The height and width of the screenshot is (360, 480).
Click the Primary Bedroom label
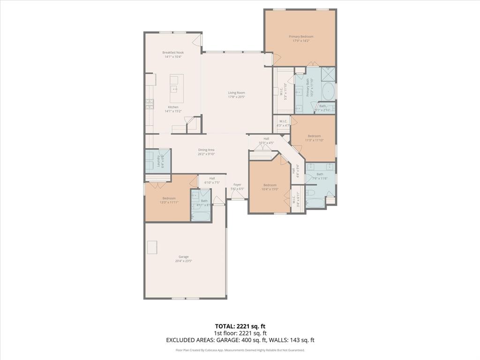pyautogui.click(x=300, y=37)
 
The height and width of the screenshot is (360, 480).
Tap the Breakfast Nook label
pyautogui.click(x=172, y=52)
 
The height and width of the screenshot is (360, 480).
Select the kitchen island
pyautogui.click(x=176, y=90)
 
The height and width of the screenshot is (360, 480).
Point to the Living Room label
pyautogui.click(x=236, y=93)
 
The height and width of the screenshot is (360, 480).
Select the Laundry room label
pyautogui.click(x=158, y=161)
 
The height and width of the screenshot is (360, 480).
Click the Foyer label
pyautogui.click(x=237, y=185)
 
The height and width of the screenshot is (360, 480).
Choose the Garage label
pyautogui.click(x=183, y=257)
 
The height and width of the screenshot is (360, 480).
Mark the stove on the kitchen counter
pyautogui.click(x=150, y=103)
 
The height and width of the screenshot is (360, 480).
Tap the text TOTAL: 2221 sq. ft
pyautogui.click(x=240, y=326)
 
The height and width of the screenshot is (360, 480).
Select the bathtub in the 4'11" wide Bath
pyautogui.click(x=201, y=217)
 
